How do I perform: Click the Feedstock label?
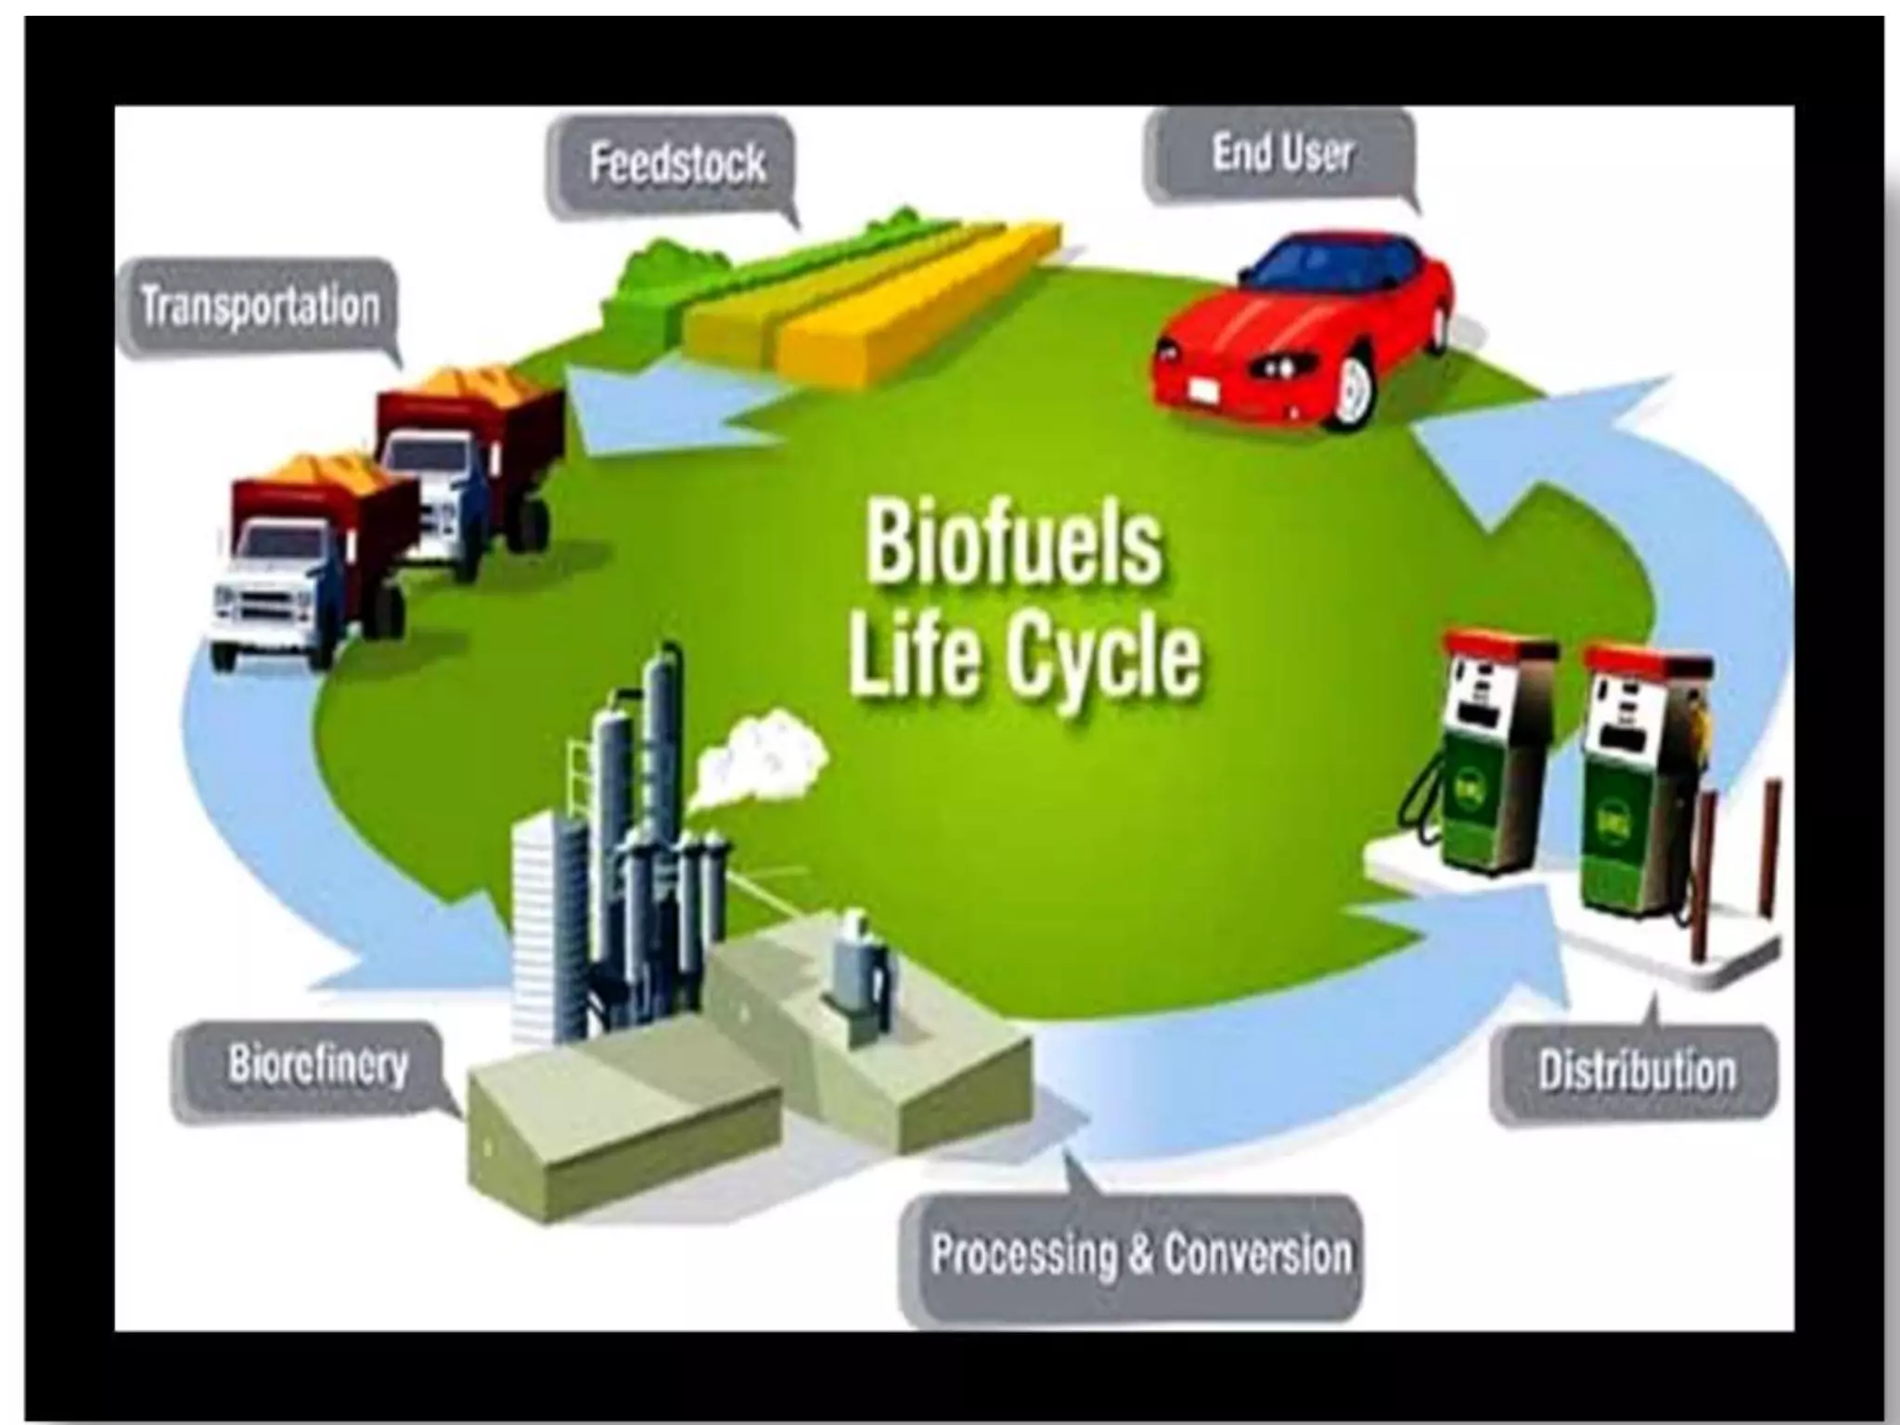(676, 164)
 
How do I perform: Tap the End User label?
(1281, 154)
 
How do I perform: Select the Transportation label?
(261, 306)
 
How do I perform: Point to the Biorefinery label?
(317, 1066)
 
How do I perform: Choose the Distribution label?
(1636, 1072)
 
